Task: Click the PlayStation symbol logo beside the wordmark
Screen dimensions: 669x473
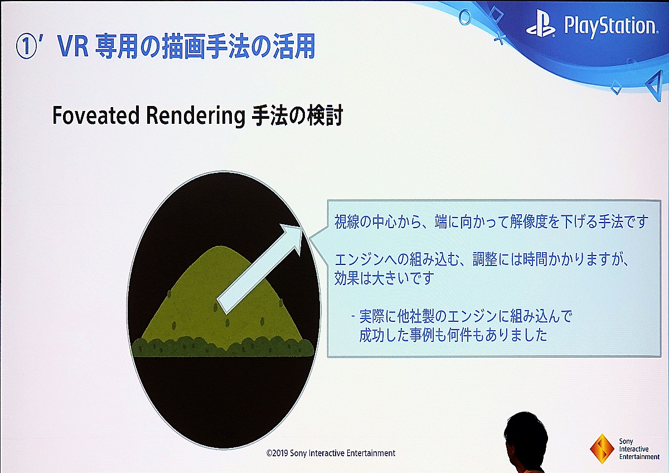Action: pyautogui.click(x=541, y=27)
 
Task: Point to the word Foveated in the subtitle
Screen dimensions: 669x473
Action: pyautogui.click(x=96, y=115)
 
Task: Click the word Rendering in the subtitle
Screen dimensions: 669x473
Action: pyautogui.click(x=196, y=117)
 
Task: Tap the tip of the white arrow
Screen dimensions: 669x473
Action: pyautogui.click(x=302, y=226)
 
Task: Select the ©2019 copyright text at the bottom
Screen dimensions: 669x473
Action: pyautogui.click(x=331, y=453)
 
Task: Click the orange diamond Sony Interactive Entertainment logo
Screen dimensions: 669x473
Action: pyautogui.click(x=602, y=449)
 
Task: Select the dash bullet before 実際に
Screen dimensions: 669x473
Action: pyautogui.click(x=353, y=316)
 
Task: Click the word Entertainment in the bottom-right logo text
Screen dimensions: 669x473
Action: pyautogui.click(x=639, y=457)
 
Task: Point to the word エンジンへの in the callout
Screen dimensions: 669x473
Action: pyautogui.click(x=371, y=260)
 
